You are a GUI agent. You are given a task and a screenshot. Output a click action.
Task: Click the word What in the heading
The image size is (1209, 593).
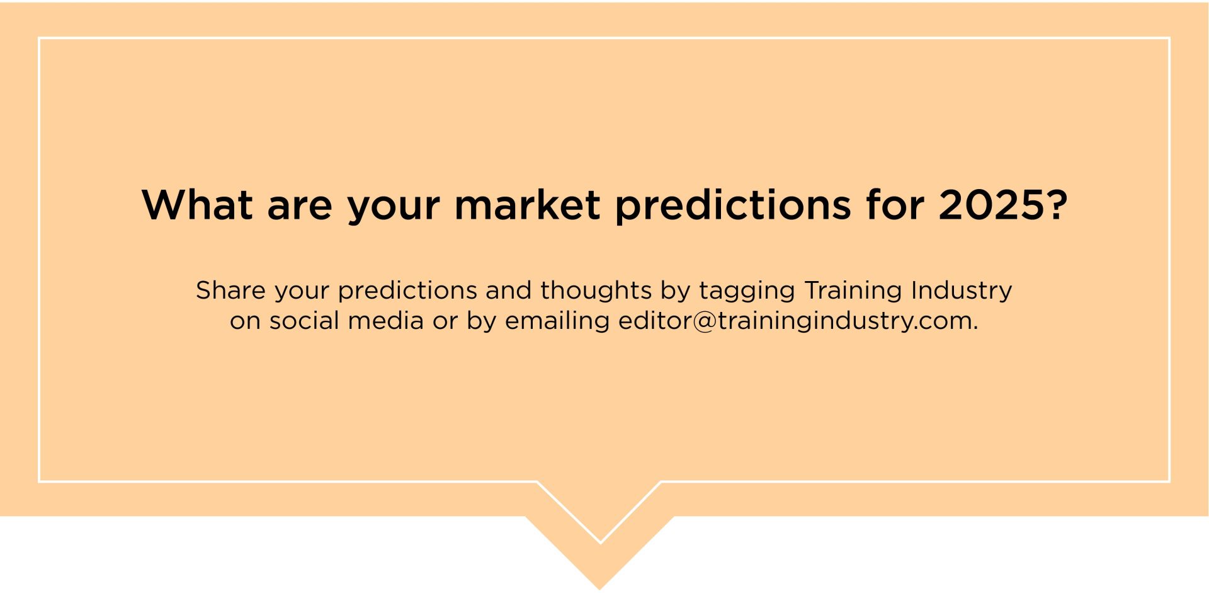click(x=197, y=204)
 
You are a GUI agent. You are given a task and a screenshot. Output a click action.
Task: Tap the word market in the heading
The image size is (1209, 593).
click(x=528, y=204)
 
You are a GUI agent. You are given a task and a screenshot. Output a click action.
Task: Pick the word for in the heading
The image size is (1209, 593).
click(x=895, y=204)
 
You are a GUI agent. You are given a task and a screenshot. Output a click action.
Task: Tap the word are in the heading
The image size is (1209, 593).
click(x=300, y=209)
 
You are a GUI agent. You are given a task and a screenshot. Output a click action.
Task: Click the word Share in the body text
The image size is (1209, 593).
click(x=230, y=290)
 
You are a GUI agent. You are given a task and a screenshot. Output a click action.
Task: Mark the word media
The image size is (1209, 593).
click(x=385, y=320)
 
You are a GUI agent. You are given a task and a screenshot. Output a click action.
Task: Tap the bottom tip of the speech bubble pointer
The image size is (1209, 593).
click(x=600, y=590)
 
